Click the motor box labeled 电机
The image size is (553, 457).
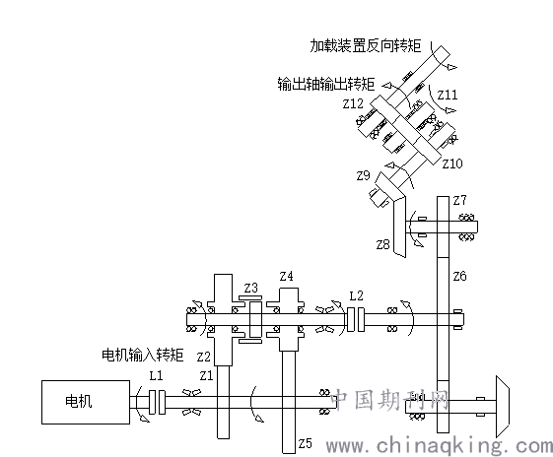(x=86, y=402)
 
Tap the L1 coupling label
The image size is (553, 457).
(x=156, y=375)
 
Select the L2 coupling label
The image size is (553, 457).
(x=356, y=295)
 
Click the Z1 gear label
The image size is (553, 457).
(x=206, y=375)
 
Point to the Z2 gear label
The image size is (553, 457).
(x=203, y=357)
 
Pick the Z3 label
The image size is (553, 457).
(x=250, y=289)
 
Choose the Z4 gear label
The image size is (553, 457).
(x=287, y=276)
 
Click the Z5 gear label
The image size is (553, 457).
(x=305, y=443)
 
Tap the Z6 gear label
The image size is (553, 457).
(x=459, y=276)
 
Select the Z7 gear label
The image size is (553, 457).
(x=459, y=200)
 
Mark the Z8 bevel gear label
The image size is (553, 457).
(x=382, y=244)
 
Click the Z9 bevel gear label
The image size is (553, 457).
(x=363, y=175)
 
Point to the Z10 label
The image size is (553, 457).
(x=452, y=163)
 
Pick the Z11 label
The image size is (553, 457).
(x=448, y=95)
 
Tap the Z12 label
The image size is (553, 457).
(x=353, y=103)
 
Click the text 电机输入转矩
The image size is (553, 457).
(x=143, y=355)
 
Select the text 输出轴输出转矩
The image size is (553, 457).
(x=326, y=85)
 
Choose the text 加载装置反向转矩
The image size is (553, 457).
(x=366, y=46)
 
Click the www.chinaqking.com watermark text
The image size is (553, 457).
(x=440, y=446)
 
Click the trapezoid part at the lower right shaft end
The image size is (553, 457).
(x=502, y=406)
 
